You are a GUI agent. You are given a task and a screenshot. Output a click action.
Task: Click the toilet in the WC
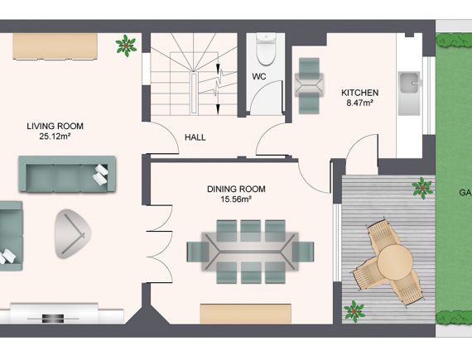coord(266,50)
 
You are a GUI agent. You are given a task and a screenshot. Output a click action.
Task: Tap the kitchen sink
coord(409,94)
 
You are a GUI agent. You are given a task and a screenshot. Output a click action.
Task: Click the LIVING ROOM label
coord(55,126)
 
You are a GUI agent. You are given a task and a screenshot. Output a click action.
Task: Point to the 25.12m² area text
coord(55,137)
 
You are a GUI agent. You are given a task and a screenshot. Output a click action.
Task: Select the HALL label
coord(195,137)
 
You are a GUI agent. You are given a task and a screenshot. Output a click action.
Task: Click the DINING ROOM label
coord(236,190)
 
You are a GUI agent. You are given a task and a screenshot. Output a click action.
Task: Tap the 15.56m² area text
coord(236,199)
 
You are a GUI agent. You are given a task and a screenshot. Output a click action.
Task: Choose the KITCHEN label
coord(359,93)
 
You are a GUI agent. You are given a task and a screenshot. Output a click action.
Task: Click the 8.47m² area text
coord(359,103)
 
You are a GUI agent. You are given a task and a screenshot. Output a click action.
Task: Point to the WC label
coord(259,77)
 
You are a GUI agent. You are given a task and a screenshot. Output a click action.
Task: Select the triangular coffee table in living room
coord(72,234)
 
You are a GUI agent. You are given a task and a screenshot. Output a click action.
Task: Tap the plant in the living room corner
coord(126,46)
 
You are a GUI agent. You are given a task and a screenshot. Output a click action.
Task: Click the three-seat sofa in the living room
coord(67,174)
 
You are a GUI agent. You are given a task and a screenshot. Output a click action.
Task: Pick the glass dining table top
coord(250,252)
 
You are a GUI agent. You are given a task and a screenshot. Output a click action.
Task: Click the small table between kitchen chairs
coord(309,85)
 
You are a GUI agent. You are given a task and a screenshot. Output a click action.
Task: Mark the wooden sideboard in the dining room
coord(246,314)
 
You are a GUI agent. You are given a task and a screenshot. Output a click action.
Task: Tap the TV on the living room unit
coord(53,319)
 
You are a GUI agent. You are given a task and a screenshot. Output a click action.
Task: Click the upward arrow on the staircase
coord(219,69)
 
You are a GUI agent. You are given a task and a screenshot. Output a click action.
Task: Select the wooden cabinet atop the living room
coord(55,46)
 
